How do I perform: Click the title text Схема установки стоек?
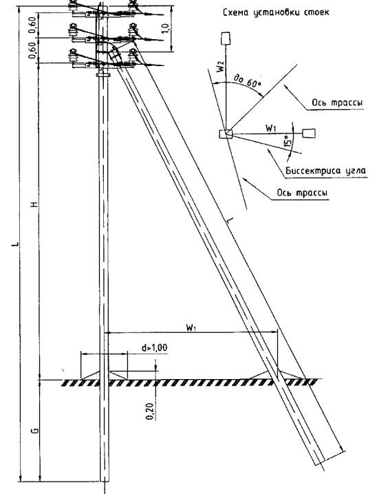[276, 12]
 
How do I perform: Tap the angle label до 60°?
[248, 81]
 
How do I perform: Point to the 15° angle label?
[287, 142]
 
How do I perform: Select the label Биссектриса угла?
[325, 171]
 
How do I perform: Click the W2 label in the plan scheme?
[221, 66]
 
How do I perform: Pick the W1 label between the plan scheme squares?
[271, 128]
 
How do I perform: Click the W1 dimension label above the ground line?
[191, 327]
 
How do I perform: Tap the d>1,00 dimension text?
[154, 348]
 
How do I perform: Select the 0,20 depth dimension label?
[150, 411]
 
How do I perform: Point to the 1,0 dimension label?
[166, 28]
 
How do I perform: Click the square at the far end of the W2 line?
[226, 39]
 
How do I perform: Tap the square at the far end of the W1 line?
[309, 133]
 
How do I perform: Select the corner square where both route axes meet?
[226, 134]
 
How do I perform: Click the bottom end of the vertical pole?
[105, 481]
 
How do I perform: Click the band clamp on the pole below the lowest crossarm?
[103, 75]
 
